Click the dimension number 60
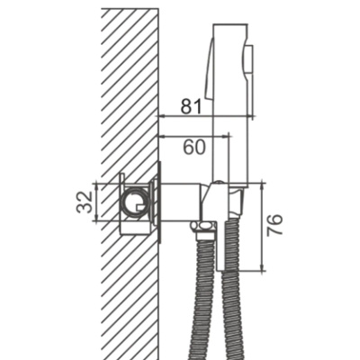pos(195,147)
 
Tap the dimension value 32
pos(85,202)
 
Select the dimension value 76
pos(274,225)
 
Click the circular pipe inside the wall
pos(135,202)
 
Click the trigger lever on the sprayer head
pos(211,68)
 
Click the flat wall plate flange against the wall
pos(159,202)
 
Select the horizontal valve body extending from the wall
pos(180,202)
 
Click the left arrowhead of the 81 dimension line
pos(162,115)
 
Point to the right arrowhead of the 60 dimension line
pos(226,137)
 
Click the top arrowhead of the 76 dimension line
pos(263,185)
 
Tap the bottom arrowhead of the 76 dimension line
pos(263,268)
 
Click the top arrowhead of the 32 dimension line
pos(96,187)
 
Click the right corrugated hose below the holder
pos(233,300)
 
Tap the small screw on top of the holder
pos(220,182)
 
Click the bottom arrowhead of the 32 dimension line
pos(96,217)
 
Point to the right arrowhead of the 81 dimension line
pos(250,115)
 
